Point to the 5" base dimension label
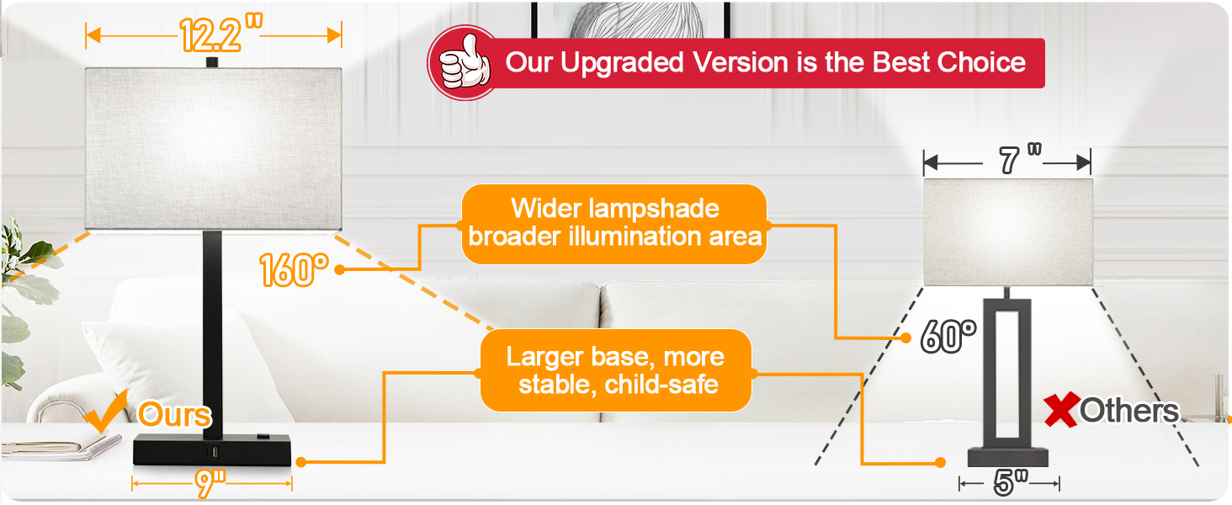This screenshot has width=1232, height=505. (1011, 482)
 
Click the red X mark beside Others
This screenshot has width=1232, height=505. (1061, 410)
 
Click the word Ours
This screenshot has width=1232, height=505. (174, 414)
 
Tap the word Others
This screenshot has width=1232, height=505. (1129, 411)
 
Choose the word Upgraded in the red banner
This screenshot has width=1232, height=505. (621, 63)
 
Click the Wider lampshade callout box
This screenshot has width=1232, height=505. (614, 224)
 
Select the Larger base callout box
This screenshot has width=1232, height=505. (616, 370)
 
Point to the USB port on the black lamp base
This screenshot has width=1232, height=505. (211, 453)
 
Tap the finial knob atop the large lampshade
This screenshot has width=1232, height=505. (212, 62)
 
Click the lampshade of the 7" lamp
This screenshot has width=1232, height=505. (1008, 232)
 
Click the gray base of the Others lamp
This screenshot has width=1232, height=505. (1008, 457)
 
